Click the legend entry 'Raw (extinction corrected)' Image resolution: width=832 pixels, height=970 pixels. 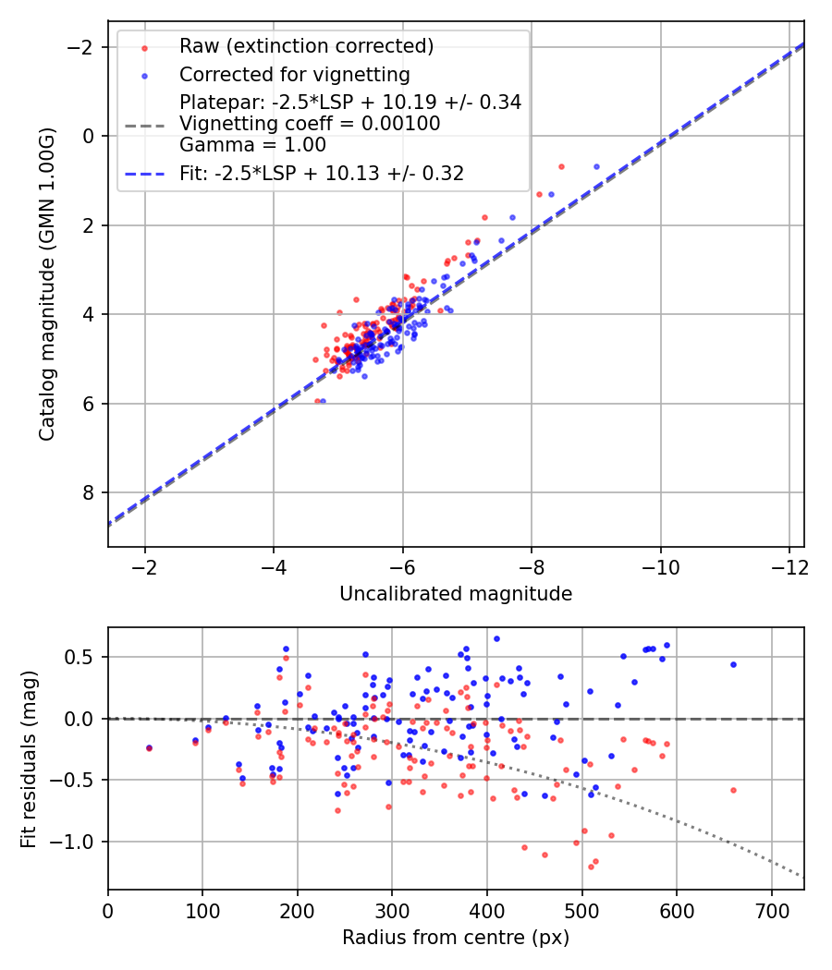click(306, 45)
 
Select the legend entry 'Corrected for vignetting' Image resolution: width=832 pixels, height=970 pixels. click(295, 74)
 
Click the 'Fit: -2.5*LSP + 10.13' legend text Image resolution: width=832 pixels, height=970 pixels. click(322, 173)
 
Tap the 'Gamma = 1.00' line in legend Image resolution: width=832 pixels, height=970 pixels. click(252, 144)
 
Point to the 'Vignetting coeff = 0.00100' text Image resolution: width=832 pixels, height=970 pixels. click(310, 124)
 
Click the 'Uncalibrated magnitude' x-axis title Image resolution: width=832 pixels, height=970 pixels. click(456, 594)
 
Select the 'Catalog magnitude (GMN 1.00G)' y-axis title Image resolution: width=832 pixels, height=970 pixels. click(48, 285)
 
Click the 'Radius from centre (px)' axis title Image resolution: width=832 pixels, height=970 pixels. click(456, 938)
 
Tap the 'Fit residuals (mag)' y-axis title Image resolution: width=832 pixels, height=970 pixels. click(29, 758)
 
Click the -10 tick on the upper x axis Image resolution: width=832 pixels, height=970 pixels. click(660, 566)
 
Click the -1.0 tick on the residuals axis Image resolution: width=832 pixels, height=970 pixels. click(80, 842)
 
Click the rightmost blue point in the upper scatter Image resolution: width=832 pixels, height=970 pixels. click(596, 166)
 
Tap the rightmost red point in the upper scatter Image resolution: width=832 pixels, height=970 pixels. click(561, 166)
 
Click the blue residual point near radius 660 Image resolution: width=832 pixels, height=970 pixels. click(733, 664)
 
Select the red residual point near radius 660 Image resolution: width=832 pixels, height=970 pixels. click(733, 790)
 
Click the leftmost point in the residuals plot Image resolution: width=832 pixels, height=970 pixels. click(149, 747)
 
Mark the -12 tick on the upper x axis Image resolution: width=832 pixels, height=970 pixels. click(789, 566)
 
